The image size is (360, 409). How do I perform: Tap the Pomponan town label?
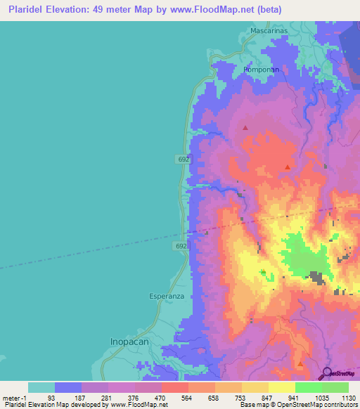coord(262,70)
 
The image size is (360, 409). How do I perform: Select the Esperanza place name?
coord(167,297)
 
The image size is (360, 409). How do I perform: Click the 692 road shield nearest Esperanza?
coord(181,246)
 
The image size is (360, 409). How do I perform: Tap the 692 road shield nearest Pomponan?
coord(183,160)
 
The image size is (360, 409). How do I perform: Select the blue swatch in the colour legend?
coord(68,387)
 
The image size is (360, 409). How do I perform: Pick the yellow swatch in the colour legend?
coord(281,387)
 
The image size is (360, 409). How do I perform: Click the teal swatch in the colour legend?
coord(41,387)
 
